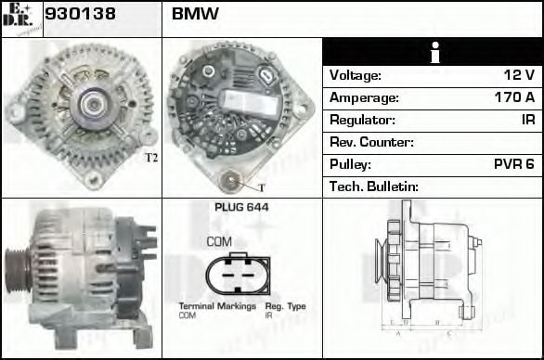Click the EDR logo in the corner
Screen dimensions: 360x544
coord(21,18)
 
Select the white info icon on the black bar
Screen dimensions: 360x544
coord(433,52)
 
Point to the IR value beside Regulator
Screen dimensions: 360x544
coord(526,120)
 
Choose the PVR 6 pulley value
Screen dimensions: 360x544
coord(513,164)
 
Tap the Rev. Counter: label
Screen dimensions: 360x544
coord(371,142)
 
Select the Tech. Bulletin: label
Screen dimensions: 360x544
coord(375,186)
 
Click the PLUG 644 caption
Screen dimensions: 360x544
coord(241,208)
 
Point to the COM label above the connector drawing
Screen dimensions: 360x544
coord(219,241)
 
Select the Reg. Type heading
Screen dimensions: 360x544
coord(285,306)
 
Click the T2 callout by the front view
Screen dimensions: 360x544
coord(151,158)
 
